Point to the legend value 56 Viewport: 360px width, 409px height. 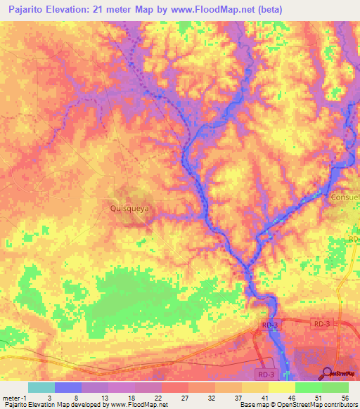coord(345,397)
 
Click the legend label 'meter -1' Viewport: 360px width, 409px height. coord(13,397)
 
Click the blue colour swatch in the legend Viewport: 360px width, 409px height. coord(68,387)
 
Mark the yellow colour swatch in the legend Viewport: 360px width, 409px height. coord(281,387)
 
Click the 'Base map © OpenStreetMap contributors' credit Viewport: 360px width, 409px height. coord(298,405)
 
